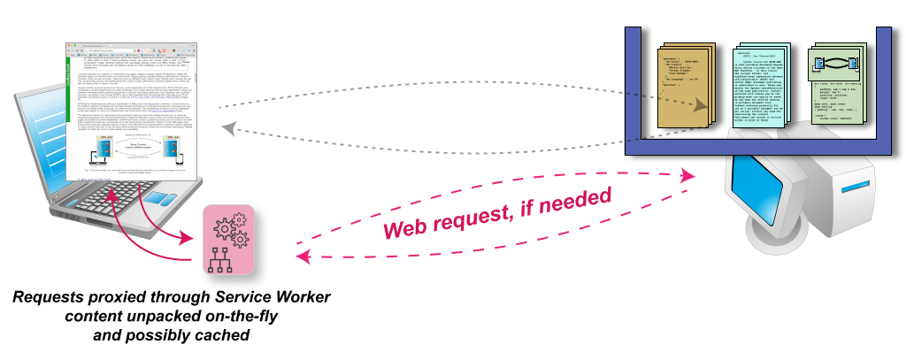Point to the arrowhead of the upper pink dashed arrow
coord(689,176)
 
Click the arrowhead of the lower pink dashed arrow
coord(302,257)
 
